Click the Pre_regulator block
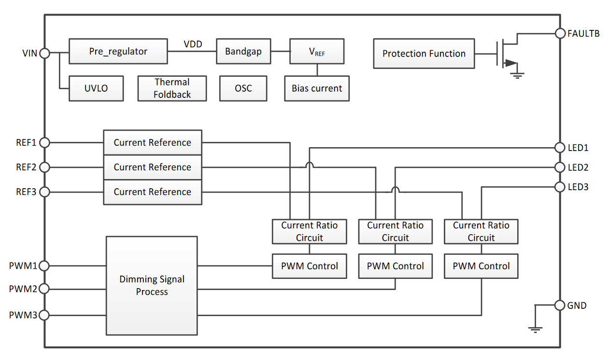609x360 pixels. pyautogui.click(x=118, y=51)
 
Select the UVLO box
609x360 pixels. pyautogui.click(x=96, y=88)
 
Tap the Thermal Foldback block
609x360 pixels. pyautogui.click(x=172, y=88)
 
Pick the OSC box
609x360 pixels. pyautogui.click(x=243, y=88)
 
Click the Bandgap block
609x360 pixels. pyautogui.click(x=243, y=51)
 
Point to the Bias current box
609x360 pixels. pyautogui.click(x=317, y=88)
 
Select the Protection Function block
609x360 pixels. pyautogui.click(x=424, y=54)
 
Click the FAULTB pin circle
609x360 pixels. pyautogui.click(x=560, y=33)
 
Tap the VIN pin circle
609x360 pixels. pyautogui.click(x=44, y=53)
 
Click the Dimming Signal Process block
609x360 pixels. pyautogui.click(x=152, y=286)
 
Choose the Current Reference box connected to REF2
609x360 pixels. pyautogui.click(x=153, y=167)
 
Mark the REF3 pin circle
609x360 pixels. pyautogui.click(x=44, y=192)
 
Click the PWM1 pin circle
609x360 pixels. pyautogui.click(x=44, y=265)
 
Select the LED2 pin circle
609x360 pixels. pyautogui.click(x=560, y=167)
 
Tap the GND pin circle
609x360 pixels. pyautogui.click(x=560, y=305)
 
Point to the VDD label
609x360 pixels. pyautogui.click(x=193, y=44)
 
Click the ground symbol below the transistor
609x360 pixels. pyautogui.click(x=518, y=75)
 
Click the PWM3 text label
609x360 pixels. pyautogui.click(x=23, y=316)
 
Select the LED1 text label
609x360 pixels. pyautogui.click(x=578, y=148)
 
